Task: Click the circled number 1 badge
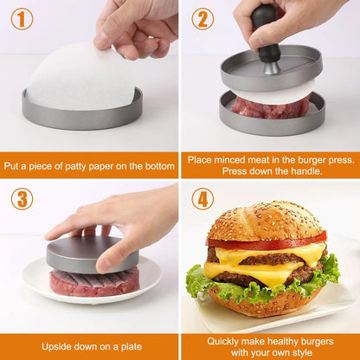coord(22,19)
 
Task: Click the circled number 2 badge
coord(202,19)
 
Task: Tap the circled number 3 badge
coord(22,199)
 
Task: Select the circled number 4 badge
coord(202,199)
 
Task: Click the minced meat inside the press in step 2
coord(270,109)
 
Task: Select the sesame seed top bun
coord(265,222)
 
